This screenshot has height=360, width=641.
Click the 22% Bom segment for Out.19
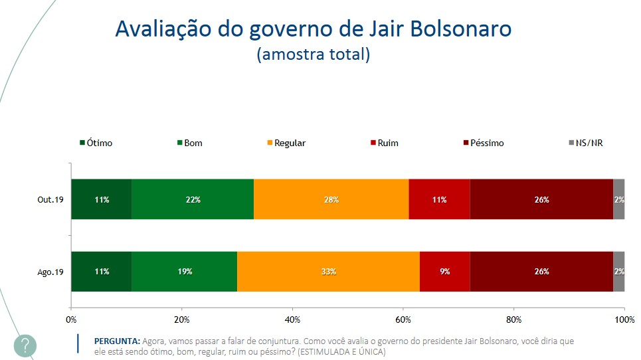point(192,199)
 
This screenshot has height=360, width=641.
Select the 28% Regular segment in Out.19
point(331,199)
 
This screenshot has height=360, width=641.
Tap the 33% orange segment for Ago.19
point(328,271)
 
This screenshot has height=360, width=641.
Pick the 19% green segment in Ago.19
point(184,271)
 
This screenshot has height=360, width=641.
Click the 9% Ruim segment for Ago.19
point(444,271)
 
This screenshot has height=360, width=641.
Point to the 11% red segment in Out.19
point(439,199)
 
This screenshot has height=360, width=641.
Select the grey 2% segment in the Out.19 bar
point(618,199)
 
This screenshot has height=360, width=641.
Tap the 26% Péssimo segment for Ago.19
point(541,271)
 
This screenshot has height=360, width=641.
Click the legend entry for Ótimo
point(96,143)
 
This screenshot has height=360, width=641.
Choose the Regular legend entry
point(285,143)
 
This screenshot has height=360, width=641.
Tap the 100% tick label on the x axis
point(624,319)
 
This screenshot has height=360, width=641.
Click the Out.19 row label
point(51,199)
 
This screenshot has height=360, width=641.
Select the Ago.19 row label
point(51,271)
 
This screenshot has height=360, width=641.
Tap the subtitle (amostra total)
point(313,54)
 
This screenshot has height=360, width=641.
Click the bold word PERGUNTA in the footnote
point(118,341)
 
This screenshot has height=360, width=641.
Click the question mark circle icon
point(25,345)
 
